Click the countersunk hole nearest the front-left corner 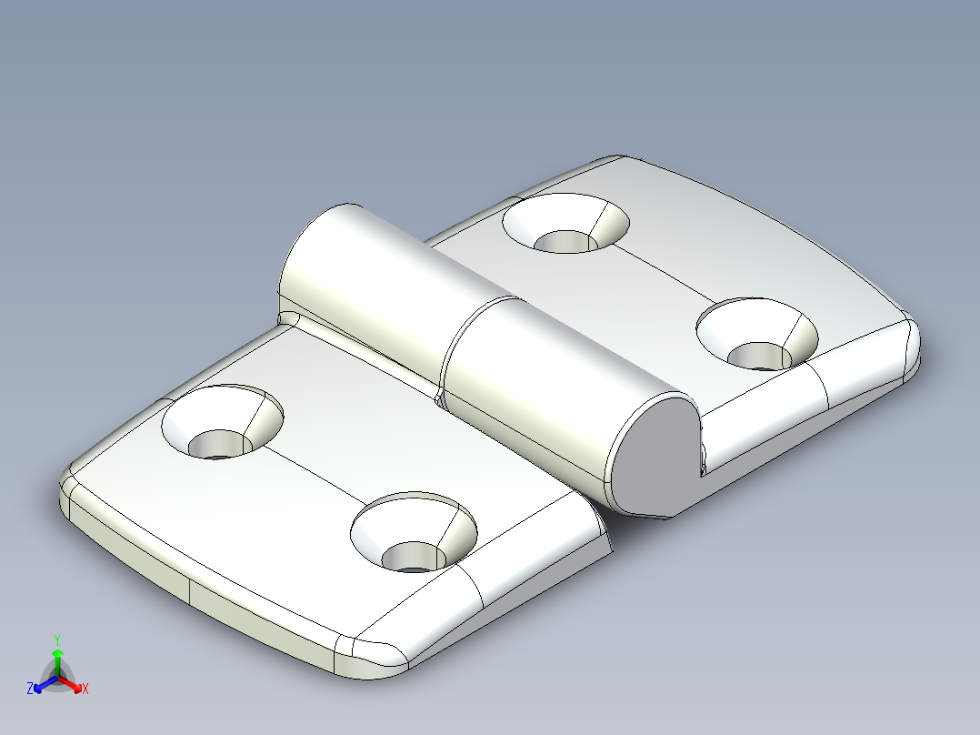click(x=221, y=424)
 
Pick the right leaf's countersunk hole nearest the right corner click(x=757, y=335)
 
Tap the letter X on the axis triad click(x=85, y=690)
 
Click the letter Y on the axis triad click(x=57, y=639)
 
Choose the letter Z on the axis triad click(x=30, y=689)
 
